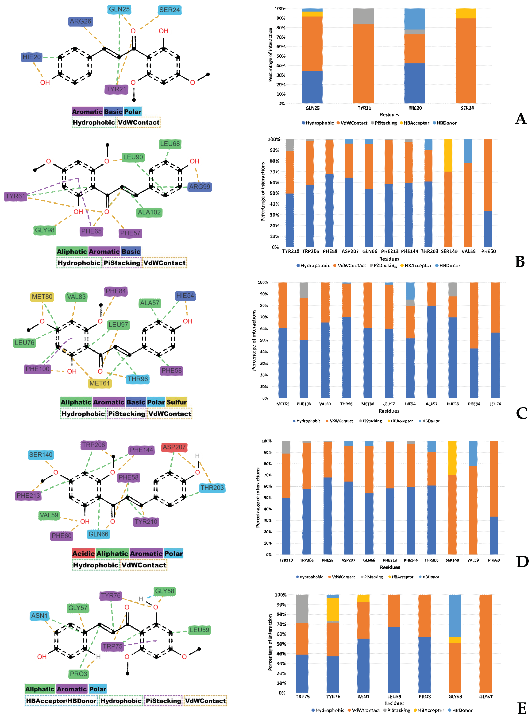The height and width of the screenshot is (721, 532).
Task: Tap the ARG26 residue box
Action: [x=81, y=21]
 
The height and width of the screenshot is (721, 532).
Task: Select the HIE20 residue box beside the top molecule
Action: [x=31, y=57]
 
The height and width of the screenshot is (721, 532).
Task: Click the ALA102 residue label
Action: [x=149, y=212]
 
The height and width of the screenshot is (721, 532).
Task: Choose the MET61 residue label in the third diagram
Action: [x=100, y=383]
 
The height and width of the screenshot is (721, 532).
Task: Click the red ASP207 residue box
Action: [x=174, y=447]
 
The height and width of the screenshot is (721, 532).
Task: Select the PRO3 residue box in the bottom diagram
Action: [x=79, y=674]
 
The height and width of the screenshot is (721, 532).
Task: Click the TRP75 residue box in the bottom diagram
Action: [x=112, y=646]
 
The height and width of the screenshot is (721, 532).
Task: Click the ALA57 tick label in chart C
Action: [x=431, y=404]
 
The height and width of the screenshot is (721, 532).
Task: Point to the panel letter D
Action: [x=522, y=562]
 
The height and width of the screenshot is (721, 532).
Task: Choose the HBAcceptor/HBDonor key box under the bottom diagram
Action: [x=61, y=701]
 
